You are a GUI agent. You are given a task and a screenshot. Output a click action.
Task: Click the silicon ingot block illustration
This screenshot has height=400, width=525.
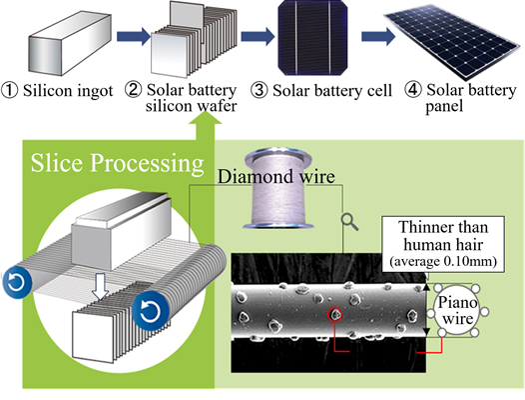tap(70, 43)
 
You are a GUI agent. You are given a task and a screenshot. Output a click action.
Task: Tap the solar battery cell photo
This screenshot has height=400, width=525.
tap(312, 37)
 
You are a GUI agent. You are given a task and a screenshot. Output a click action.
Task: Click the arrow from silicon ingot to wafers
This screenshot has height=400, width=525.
tap(134, 36)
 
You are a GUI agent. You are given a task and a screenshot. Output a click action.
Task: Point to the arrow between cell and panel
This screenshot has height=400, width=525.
tap(378, 36)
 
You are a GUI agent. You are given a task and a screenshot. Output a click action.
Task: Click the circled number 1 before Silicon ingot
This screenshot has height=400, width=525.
tap(9, 91)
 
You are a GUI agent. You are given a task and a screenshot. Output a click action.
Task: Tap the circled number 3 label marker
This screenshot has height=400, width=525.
tap(259, 91)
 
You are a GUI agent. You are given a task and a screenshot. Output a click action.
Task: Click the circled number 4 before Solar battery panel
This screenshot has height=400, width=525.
tap(413, 90)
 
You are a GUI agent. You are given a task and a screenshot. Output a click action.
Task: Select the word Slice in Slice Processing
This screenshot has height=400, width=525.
tap(56, 163)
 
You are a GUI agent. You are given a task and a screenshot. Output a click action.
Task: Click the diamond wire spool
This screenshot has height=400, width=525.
tap(278, 189)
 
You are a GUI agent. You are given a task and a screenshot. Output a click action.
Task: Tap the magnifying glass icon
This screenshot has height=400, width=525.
tap(349, 222)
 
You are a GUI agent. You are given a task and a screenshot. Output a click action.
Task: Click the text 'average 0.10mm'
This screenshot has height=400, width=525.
tap(443, 261)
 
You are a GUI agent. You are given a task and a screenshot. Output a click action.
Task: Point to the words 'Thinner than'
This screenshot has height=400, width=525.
tap(443, 227)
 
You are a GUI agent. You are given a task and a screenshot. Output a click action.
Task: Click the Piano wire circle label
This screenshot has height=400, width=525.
tap(457, 310)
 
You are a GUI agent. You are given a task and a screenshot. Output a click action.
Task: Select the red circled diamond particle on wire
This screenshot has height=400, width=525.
tap(334, 314)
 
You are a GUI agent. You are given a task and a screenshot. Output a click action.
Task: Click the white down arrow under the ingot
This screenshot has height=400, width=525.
tap(101, 286)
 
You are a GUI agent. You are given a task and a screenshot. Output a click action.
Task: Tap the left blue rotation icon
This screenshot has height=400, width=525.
tap(16, 282)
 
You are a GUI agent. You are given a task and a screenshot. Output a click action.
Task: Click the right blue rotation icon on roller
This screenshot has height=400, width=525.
tap(151, 311)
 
